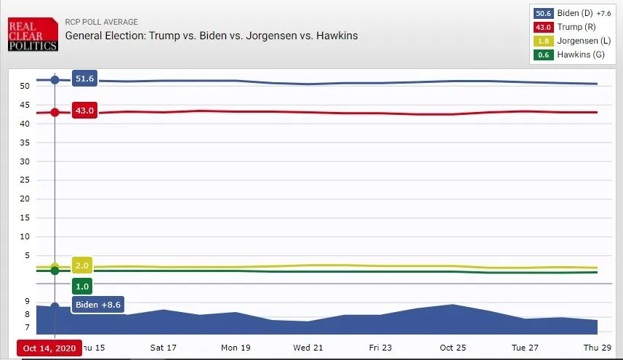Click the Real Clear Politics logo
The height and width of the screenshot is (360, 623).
click(32, 35)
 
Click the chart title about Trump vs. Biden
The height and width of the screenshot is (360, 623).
click(212, 35)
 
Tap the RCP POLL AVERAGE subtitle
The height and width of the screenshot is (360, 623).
click(101, 22)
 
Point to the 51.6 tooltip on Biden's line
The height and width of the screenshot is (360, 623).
click(85, 79)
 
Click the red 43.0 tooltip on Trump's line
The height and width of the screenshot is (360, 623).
click(85, 111)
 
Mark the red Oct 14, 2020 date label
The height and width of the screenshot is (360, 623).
click(49, 348)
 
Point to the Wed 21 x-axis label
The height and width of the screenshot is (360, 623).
click(308, 348)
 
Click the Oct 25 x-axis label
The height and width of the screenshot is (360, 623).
click(453, 348)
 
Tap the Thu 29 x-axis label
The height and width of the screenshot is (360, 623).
click(598, 348)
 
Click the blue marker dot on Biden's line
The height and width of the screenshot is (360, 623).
click(55, 79)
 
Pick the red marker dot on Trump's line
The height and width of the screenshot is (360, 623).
click(55, 112)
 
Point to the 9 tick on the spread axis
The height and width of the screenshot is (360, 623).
click(27, 301)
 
